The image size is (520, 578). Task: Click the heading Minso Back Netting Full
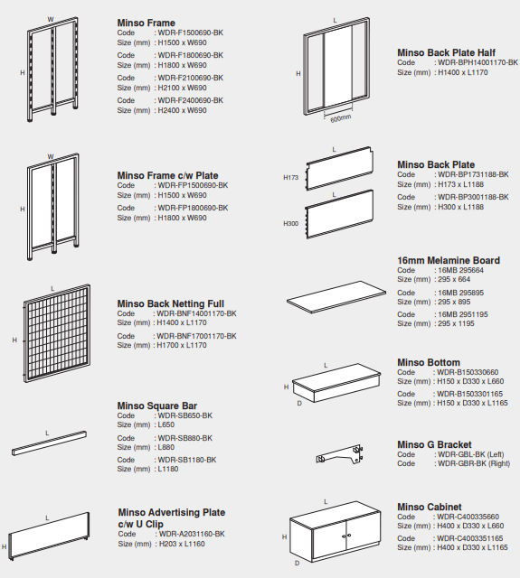coord(171,303)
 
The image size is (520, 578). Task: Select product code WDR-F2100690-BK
coord(191,78)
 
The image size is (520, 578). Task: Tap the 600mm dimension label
coord(341,118)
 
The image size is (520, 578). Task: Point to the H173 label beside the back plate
coord(291,178)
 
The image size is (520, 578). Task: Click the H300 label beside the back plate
coord(291,224)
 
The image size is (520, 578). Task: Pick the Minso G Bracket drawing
coord(339,454)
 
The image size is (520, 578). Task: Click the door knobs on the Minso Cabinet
coord(346,536)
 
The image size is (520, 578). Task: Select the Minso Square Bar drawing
coord(49,443)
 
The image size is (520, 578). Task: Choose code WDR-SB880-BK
coord(185,438)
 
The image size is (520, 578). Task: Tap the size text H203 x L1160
coord(182,544)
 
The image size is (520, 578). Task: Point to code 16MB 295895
coord(460,293)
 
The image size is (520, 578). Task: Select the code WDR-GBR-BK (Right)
coord(474,463)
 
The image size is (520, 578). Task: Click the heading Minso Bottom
coord(429,362)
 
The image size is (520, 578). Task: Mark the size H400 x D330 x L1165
coord(472,547)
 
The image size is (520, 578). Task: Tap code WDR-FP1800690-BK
coord(193,208)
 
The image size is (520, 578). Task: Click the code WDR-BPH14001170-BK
coord(477,62)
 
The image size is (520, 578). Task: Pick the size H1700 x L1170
coord(182,345)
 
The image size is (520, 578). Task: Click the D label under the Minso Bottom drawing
coord(299,404)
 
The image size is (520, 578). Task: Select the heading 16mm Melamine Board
coord(449,260)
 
